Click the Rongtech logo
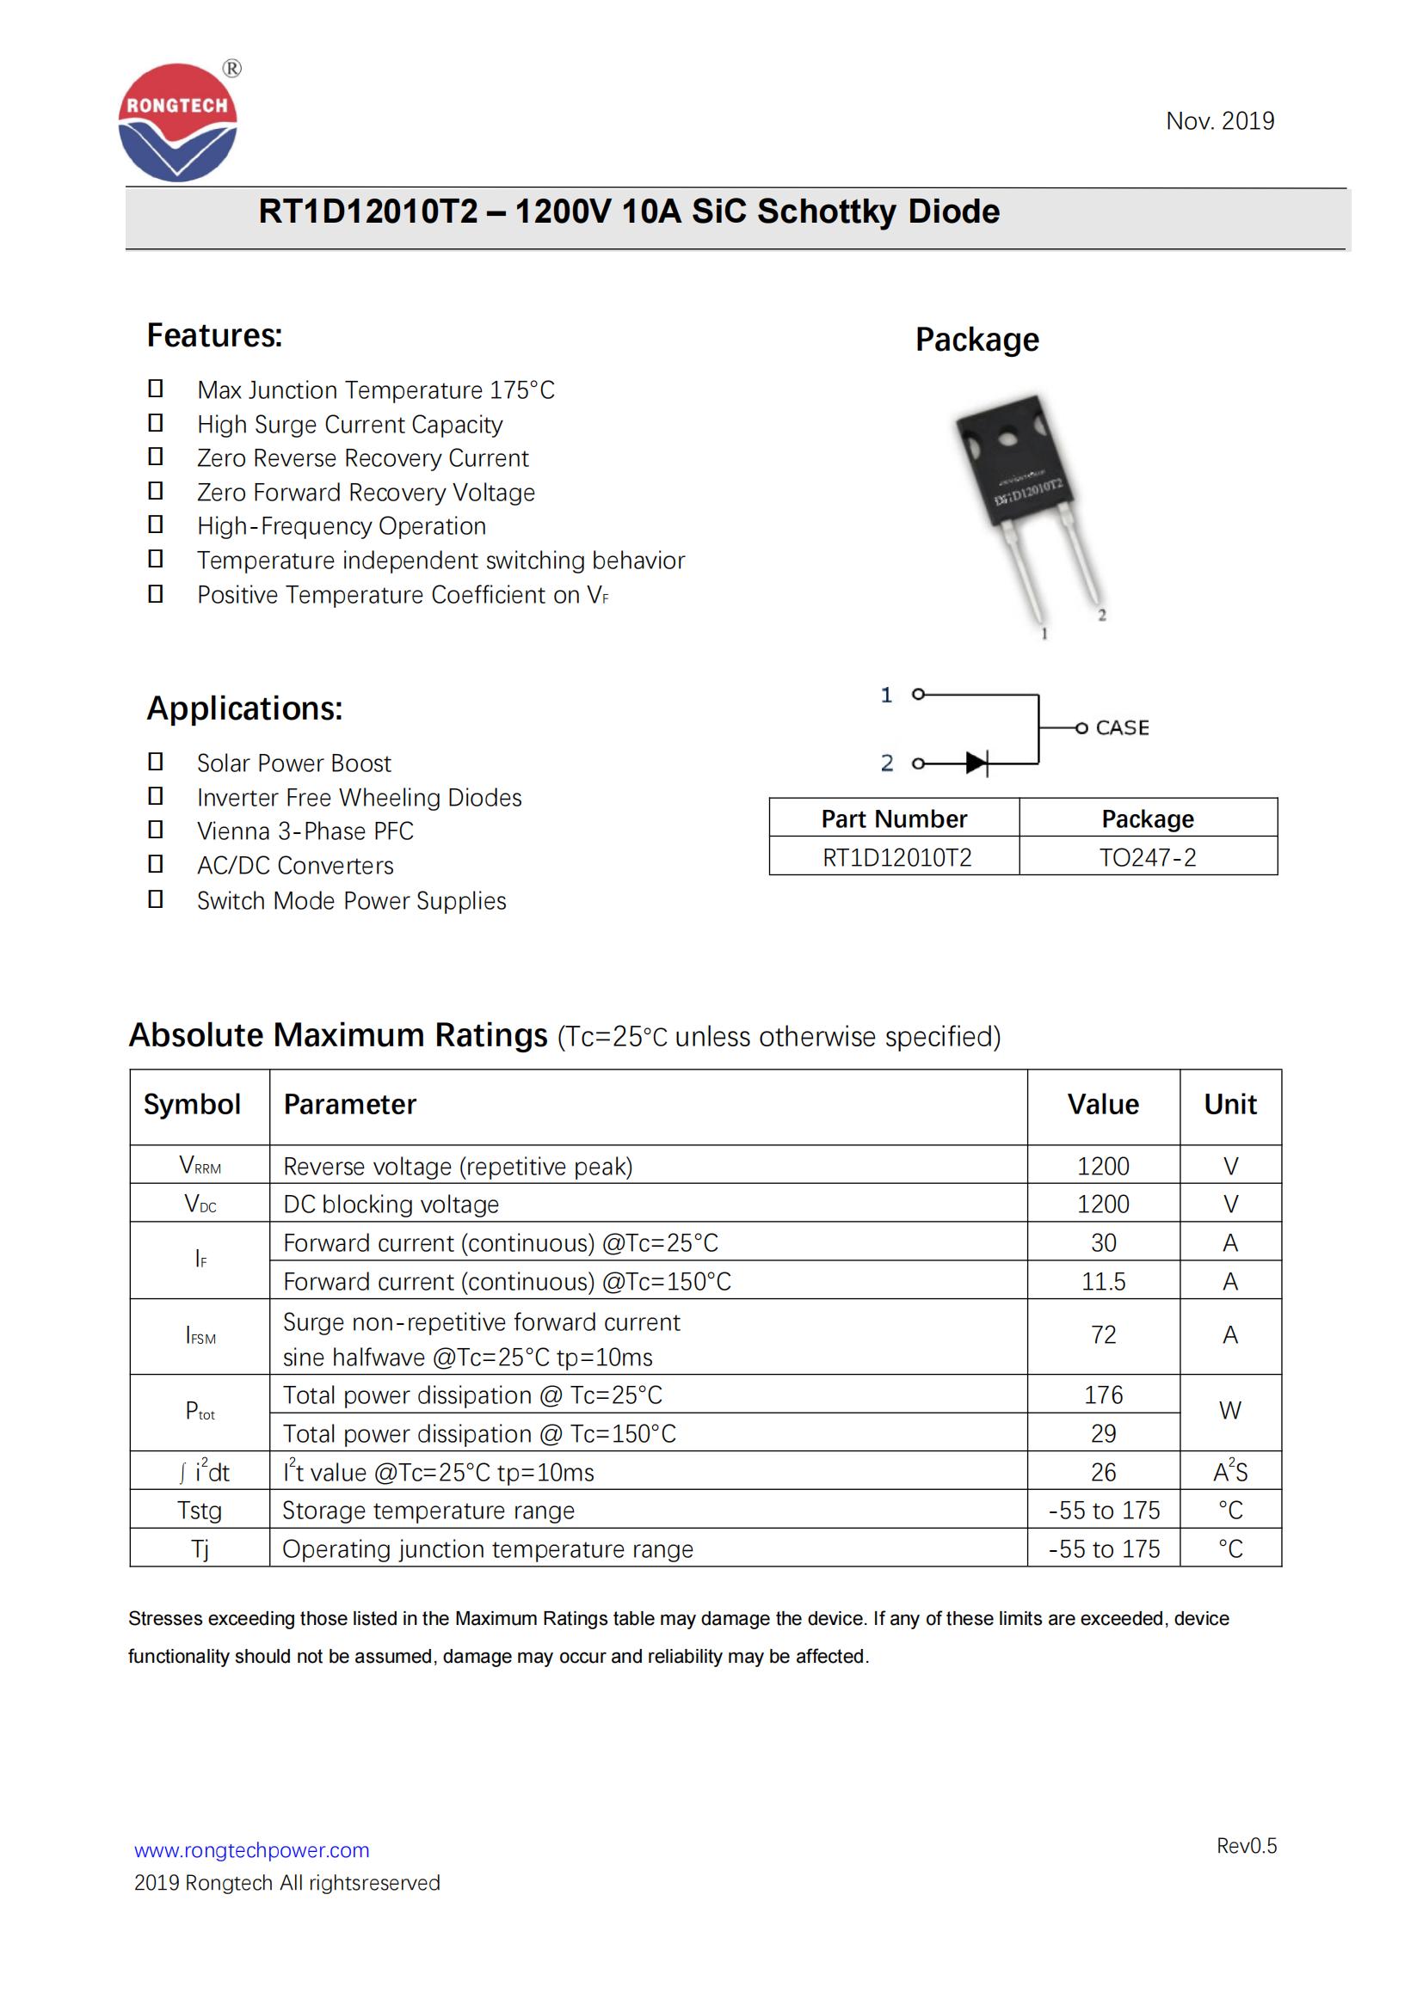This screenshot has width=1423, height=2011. [178, 123]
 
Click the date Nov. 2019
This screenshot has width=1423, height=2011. [1219, 121]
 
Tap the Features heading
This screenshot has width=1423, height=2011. [215, 335]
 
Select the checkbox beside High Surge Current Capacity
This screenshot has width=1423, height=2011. [155, 423]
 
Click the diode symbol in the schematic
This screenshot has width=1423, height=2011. [976, 763]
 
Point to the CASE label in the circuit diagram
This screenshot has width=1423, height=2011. [1122, 728]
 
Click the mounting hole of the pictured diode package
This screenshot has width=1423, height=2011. [1008, 434]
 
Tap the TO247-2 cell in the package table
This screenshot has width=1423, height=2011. [1147, 856]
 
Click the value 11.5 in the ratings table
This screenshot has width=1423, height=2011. [1102, 1281]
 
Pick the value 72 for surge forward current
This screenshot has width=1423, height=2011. [1102, 1335]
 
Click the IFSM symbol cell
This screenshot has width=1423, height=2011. [200, 1336]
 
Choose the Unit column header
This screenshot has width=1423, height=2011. [1229, 1105]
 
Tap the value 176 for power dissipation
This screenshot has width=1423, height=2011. [1102, 1395]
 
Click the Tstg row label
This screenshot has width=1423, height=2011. [200, 1510]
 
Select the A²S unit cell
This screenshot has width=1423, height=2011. [1229, 1471]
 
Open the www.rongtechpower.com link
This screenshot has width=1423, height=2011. [251, 1850]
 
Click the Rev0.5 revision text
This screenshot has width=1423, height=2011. [1246, 1845]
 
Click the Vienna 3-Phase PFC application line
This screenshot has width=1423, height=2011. [305, 831]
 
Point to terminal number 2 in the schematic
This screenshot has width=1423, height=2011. [887, 763]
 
